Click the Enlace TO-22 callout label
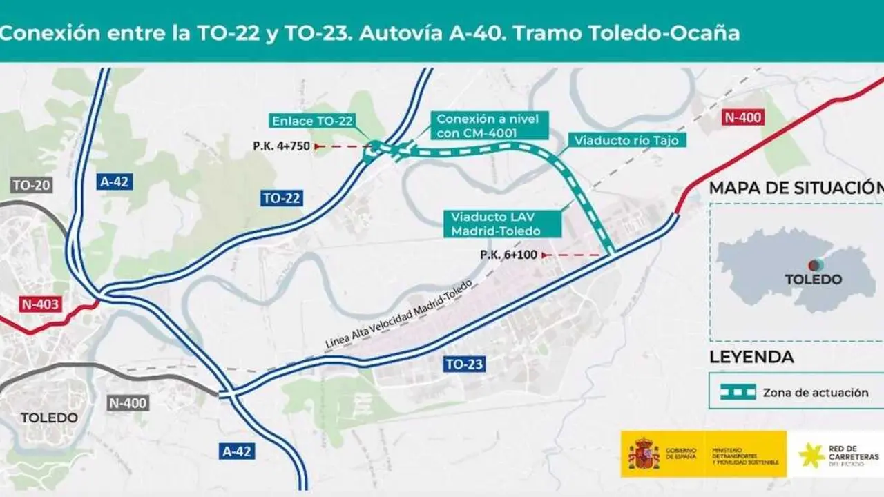click(x=312, y=121)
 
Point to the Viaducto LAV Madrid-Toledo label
click(x=495, y=224)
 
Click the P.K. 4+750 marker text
click(x=282, y=146)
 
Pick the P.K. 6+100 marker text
click(x=508, y=255)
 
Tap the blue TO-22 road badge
click(x=282, y=199)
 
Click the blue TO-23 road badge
click(x=465, y=364)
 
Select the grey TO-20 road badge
click(x=32, y=185)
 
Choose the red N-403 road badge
click(x=40, y=304)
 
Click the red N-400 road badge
click(x=742, y=117)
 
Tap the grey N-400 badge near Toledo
click(x=128, y=402)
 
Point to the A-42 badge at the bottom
click(x=237, y=451)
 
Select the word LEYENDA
click(x=751, y=357)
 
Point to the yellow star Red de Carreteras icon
click(x=810, y=455)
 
